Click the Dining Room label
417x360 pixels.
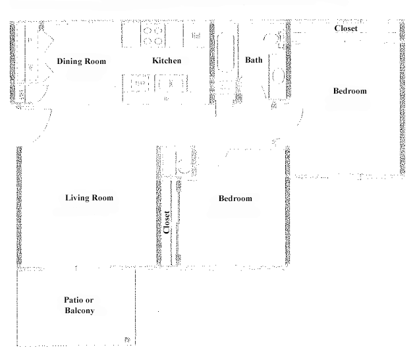[x=82, y=61]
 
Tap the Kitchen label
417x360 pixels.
[x=167, y=61]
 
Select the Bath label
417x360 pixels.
[x=254, y=60]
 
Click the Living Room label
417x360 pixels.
[x=90, y=198]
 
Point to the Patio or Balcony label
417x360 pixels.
[x=79, y=305]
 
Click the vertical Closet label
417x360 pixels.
[x=167, y=222]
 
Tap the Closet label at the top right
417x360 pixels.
[x=346, y=28]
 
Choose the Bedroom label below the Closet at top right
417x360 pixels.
[x=350, y=91]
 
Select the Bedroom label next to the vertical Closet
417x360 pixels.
[x=235, y=198]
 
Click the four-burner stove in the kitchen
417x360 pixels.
[x=153, y=36]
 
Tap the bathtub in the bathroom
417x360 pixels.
[x=226, y=52]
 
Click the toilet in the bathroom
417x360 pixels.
[x=273, y=40]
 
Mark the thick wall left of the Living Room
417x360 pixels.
[x=19, y=205]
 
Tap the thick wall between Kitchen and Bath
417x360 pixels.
[x=212, y=63]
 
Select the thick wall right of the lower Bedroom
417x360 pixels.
[x=287, y=206]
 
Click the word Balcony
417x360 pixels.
[x=80, y=311]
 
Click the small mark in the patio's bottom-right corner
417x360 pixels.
[x=127, y=340]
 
